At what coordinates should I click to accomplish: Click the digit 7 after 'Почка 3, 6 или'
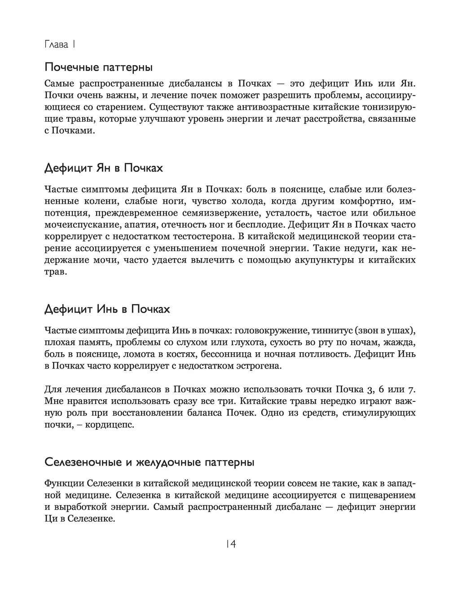412,388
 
